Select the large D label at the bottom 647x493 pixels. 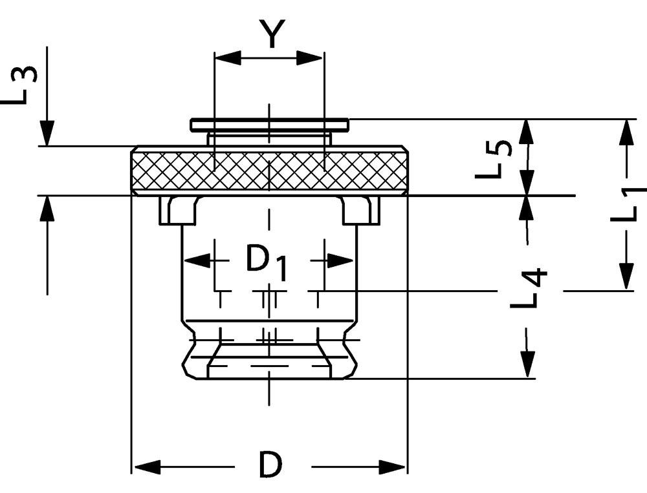click(x=272, y=465)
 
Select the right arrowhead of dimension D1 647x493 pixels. click(x=341, y=261)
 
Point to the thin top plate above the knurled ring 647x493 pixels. click(x=269, y=123)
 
